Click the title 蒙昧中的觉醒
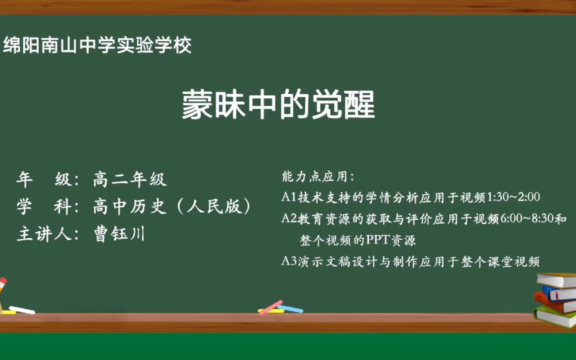tap(278, 105)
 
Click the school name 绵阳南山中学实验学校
tap(97, 46)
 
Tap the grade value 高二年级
tap(129, 179)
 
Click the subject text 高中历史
tap(129, 206)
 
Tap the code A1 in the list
tap(289, 197)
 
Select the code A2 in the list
tap(289, 218)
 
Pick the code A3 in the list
tap(289, 261)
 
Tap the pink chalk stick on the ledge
tap(270, 307)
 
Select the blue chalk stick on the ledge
tap(291, 309)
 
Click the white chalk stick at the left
tap(22, 310)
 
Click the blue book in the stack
tap(560, 292)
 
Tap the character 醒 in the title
tap(358, 105)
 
